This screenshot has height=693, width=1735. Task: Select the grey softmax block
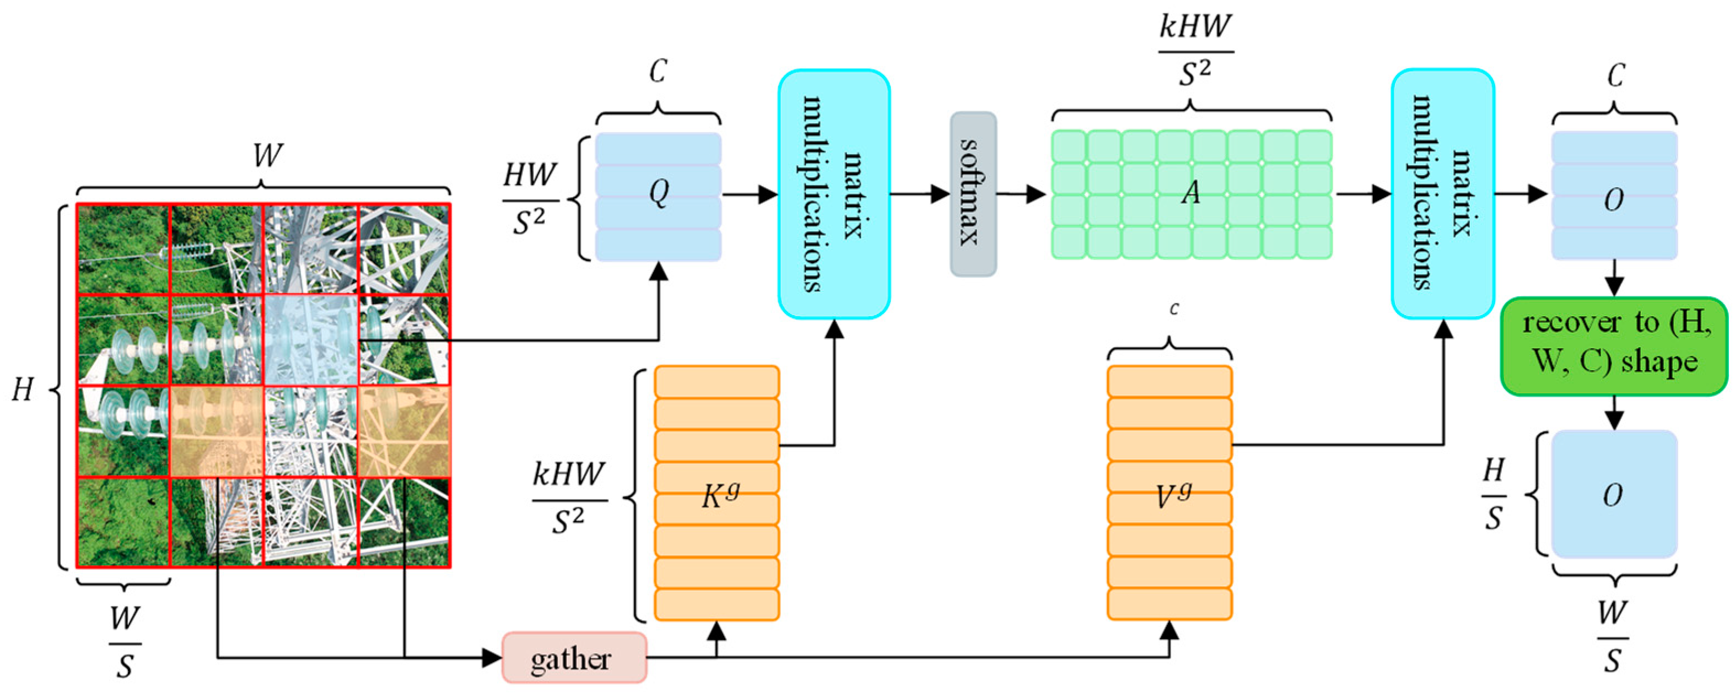coord(973,194)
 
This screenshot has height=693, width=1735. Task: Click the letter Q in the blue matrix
coord(658,194)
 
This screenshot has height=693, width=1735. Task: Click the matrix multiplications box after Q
coord(834,194)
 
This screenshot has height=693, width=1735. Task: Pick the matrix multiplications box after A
coord(1443,194)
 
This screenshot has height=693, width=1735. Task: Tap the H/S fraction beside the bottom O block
coord(1493,494)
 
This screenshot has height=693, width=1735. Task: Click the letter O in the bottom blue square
coord(1613,495)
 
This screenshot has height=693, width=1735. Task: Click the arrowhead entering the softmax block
coord(941,194)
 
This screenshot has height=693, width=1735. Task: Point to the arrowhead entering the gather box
coord(493,657)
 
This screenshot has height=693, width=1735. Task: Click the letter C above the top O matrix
coord(1614,75)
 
